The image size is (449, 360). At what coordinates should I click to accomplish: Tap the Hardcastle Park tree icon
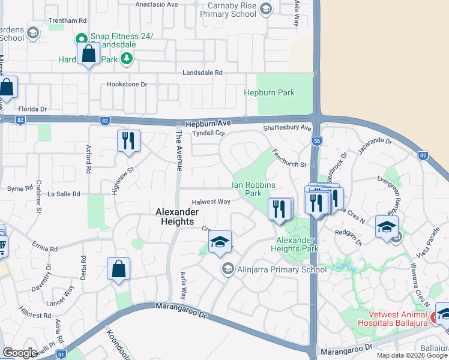point(126,59)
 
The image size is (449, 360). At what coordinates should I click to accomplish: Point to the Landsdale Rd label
point(203,73)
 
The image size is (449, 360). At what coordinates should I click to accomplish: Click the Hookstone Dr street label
point(127,85)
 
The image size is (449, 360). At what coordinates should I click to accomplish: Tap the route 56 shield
point(316,140)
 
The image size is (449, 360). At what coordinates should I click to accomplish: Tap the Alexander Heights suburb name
point(175,217)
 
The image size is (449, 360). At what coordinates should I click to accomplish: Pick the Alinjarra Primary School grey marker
point(228,269)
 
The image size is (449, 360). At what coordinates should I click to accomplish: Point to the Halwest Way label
point(211,202)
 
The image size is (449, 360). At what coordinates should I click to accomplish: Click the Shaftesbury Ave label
point(288,128)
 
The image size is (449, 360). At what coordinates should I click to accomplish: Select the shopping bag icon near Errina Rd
point(119,269)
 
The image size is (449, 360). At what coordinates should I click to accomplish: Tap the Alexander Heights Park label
point(294,244)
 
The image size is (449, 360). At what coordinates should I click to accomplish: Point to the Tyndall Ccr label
point(208,133)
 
